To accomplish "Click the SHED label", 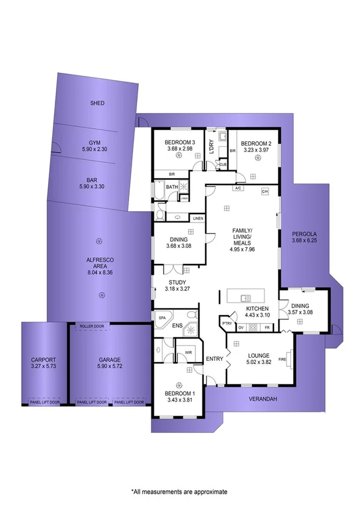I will (97, 103).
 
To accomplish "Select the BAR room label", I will (92, 179).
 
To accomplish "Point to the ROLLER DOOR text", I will (92, 327).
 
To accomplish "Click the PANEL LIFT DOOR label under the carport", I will (43, 402).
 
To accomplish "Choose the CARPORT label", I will (43, 360).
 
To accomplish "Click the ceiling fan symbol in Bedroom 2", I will (257, 158).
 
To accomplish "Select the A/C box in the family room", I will (238, 189).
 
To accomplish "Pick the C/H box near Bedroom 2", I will (264, 191).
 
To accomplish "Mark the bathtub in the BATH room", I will (159, 192).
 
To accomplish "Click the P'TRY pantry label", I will (227, 322).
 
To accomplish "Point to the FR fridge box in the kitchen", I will (267, 328).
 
